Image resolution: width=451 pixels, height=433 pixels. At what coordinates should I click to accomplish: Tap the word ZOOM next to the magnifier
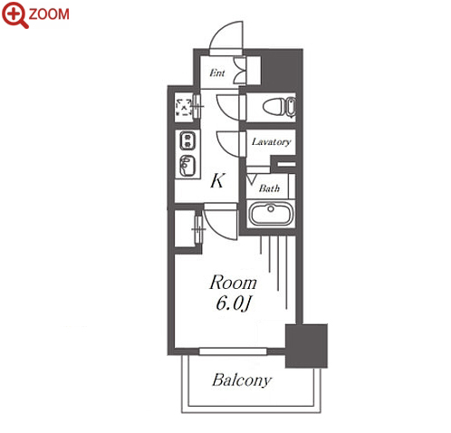pyautogui.click(x=49, y=14)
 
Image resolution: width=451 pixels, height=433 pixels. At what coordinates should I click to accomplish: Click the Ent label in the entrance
pyautogui.click(x=217, y=72)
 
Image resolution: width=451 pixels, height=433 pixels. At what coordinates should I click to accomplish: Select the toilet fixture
pyautogui.click(x=279, y=107)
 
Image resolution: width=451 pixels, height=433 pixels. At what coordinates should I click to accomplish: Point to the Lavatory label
pyautogui.click(x=271, y=141)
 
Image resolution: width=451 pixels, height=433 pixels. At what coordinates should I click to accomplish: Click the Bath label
pyautogui.click(x=269, y=188)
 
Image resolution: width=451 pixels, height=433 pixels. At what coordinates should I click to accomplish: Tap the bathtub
pyautogui.click(x=271, y=214)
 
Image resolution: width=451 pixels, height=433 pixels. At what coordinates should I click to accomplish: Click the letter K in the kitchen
pyautogui.click(x=217, y=181)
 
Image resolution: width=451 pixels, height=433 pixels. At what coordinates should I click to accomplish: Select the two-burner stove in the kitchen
pyautogui.click(x=187, y=140)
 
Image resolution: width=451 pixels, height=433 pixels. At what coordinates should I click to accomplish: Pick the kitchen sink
pyautogui.click(x=187, y=166)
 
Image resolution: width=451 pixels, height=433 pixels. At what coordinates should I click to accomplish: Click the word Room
pyautogui.click(x=233, y=283)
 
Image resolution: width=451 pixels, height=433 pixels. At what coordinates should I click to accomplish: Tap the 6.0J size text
pyautogui.click(x=233, y=303)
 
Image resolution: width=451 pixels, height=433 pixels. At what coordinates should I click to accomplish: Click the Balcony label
pyautogui.click(x=242, y=380)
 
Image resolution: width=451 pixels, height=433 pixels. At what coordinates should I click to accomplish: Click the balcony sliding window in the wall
pyautogui.click(x=233, y=351)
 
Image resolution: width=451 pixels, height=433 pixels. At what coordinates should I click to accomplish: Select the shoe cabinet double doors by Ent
pyautogui.click(x=240, y=71)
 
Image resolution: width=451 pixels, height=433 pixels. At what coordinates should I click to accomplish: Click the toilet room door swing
pyautogui.click(x=228, y=107)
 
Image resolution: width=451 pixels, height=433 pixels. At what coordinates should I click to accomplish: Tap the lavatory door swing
pyautogui.click(x=228, y=144)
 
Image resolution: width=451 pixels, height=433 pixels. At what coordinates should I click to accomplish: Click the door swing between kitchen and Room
pyautogui.click(x=221, y=222)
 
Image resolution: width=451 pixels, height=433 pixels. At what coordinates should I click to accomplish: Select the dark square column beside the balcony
pyautogui.click(x=306, y=346)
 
